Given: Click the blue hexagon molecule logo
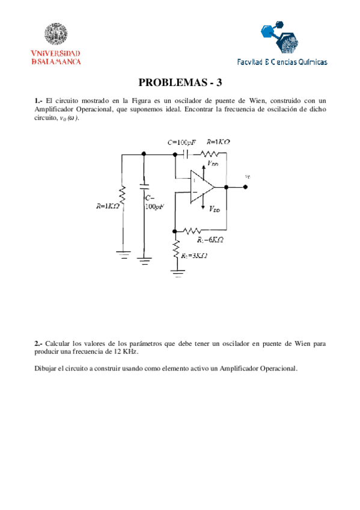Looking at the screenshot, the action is pyautogui.click(x=278, y=36).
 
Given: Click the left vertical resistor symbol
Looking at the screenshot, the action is pyautogui.click(x=122, y=195).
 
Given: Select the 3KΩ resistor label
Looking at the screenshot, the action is pyautogui.click(x=195, y=256).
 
